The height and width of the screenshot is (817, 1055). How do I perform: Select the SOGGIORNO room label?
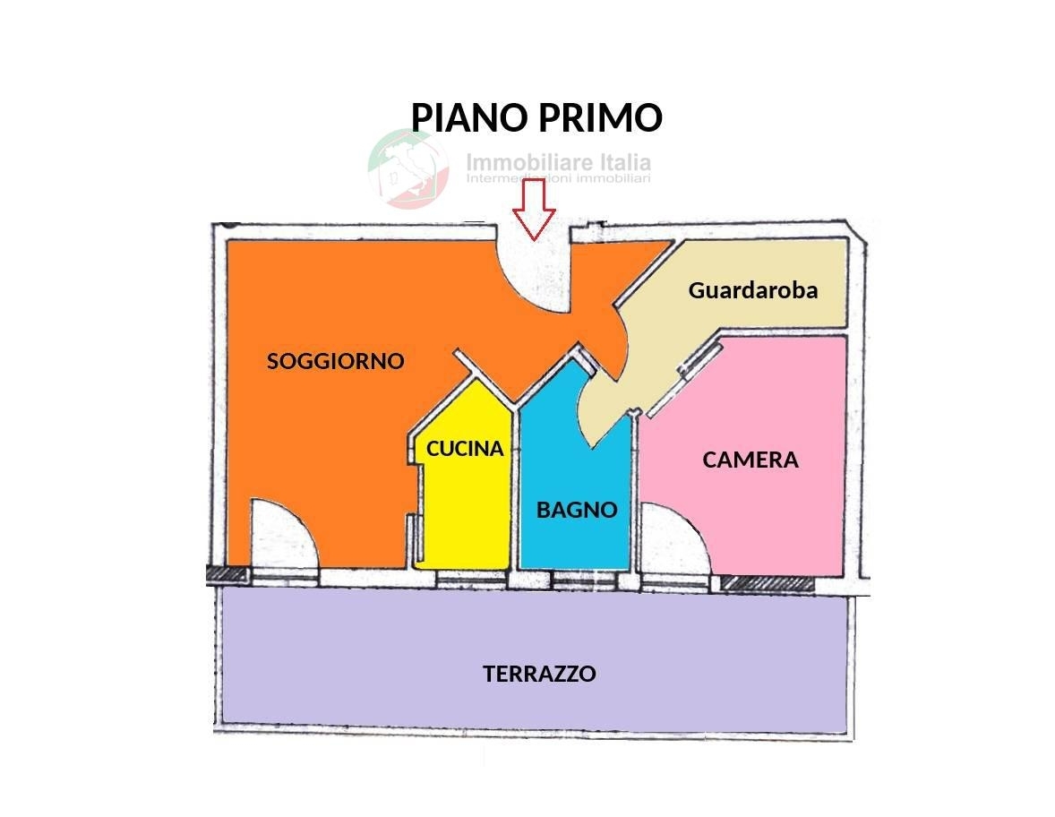[336, 361]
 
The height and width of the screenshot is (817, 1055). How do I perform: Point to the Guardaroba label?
[752, 290]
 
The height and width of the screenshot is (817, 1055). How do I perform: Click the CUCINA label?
[465, 449]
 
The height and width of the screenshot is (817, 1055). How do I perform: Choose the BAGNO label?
[577, 510]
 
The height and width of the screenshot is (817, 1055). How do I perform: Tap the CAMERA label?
[750, 460]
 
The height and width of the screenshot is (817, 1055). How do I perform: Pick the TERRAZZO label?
[539, 674]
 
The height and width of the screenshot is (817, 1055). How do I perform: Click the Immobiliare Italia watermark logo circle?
[408, 168]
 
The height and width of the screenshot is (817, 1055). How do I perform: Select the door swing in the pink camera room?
[673, 537]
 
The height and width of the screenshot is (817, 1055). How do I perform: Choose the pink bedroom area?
[770, 520]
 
